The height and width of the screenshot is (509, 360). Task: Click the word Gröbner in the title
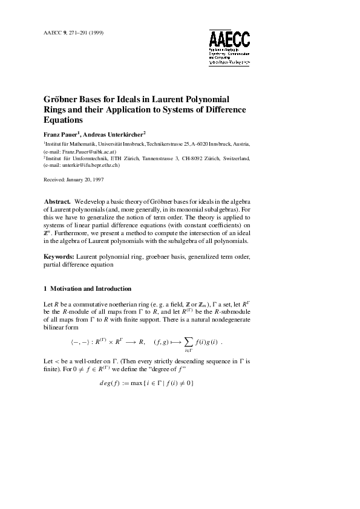click(62, 99)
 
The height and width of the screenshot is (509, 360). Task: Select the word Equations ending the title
click(64, 120)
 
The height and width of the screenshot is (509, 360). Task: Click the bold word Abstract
click(58, 201)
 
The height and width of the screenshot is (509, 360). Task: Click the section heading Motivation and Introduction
click(91, 288)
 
